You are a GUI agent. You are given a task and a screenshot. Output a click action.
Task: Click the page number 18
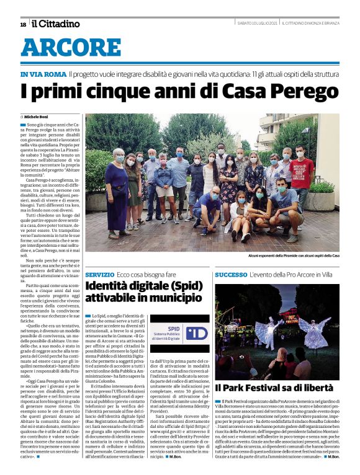(x=23, y=24)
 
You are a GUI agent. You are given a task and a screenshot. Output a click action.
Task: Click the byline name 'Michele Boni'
(x=39, y=117)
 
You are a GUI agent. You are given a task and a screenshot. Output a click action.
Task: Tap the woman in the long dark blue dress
(x=117, y=192)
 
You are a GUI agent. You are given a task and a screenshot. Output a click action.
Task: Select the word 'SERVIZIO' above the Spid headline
(x=100, y=273)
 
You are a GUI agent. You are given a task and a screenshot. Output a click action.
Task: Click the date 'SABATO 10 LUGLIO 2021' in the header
(x=257, y=24)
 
